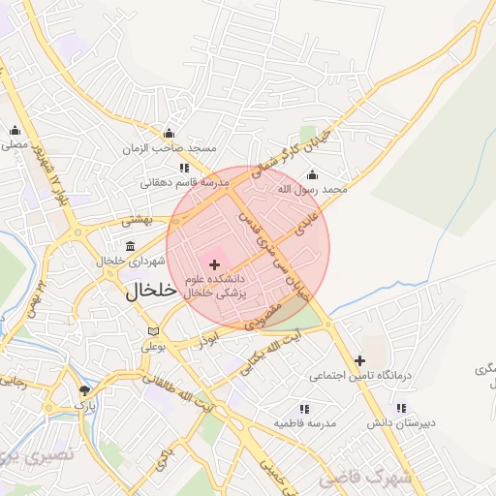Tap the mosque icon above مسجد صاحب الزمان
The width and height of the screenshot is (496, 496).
coord(170,134)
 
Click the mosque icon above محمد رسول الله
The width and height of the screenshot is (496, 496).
coord(311,175)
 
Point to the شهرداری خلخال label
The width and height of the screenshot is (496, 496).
coord(123,261)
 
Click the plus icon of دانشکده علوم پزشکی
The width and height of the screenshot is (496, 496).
coord(214,264)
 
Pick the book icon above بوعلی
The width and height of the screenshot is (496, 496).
coord(152,331)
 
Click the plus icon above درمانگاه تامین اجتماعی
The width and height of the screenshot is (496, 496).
coord(359,360)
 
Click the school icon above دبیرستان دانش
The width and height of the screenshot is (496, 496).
coord(401,409)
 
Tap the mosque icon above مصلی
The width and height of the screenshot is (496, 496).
coord(15,131)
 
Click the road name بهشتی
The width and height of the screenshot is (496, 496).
coord(139,221)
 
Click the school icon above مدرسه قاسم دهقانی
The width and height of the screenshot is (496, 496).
coord(184,168)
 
